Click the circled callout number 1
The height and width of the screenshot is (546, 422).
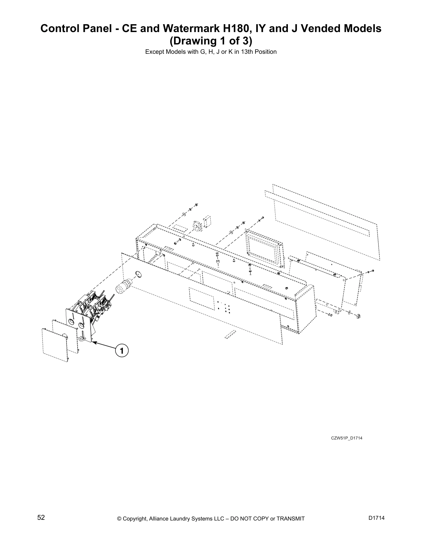click(x=121, y=351)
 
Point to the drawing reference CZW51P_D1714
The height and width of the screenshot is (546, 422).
click(x=346, y=438)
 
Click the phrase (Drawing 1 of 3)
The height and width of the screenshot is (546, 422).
click(x=211, y=41)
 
